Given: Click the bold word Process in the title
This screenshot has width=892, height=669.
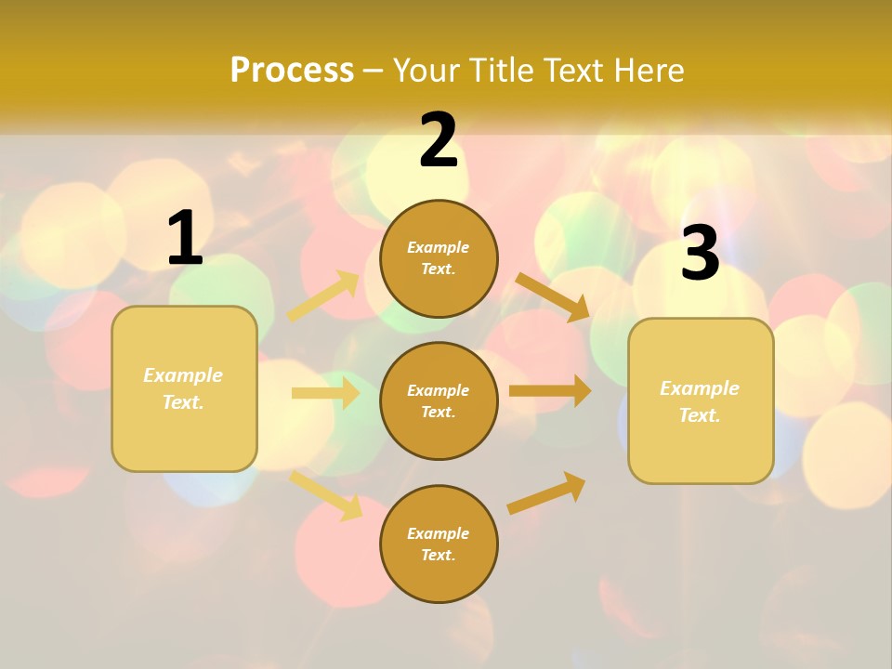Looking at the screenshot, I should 292,71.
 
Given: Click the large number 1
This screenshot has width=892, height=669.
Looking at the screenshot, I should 185,240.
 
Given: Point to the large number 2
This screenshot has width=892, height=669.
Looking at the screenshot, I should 439,141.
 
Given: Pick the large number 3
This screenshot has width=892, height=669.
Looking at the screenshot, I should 700,254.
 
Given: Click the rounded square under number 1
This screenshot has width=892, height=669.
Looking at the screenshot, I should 184,388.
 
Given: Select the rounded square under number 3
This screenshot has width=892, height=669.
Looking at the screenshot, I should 701,401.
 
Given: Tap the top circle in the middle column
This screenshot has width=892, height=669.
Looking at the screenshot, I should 439,258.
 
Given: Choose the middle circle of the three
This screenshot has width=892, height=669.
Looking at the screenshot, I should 439,401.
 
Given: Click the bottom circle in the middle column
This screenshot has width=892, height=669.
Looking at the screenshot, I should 439,544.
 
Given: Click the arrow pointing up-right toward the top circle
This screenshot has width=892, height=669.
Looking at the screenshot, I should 323,296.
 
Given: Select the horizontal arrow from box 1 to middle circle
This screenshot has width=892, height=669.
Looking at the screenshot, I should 325,393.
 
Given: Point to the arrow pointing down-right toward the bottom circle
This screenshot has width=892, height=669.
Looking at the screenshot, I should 326,494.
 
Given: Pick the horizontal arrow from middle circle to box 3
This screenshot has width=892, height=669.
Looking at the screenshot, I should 550,391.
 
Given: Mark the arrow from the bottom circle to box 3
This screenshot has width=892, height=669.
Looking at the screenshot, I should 547,492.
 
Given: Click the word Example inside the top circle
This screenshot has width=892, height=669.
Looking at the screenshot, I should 439,248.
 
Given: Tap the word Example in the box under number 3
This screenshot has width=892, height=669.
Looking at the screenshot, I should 700,388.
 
